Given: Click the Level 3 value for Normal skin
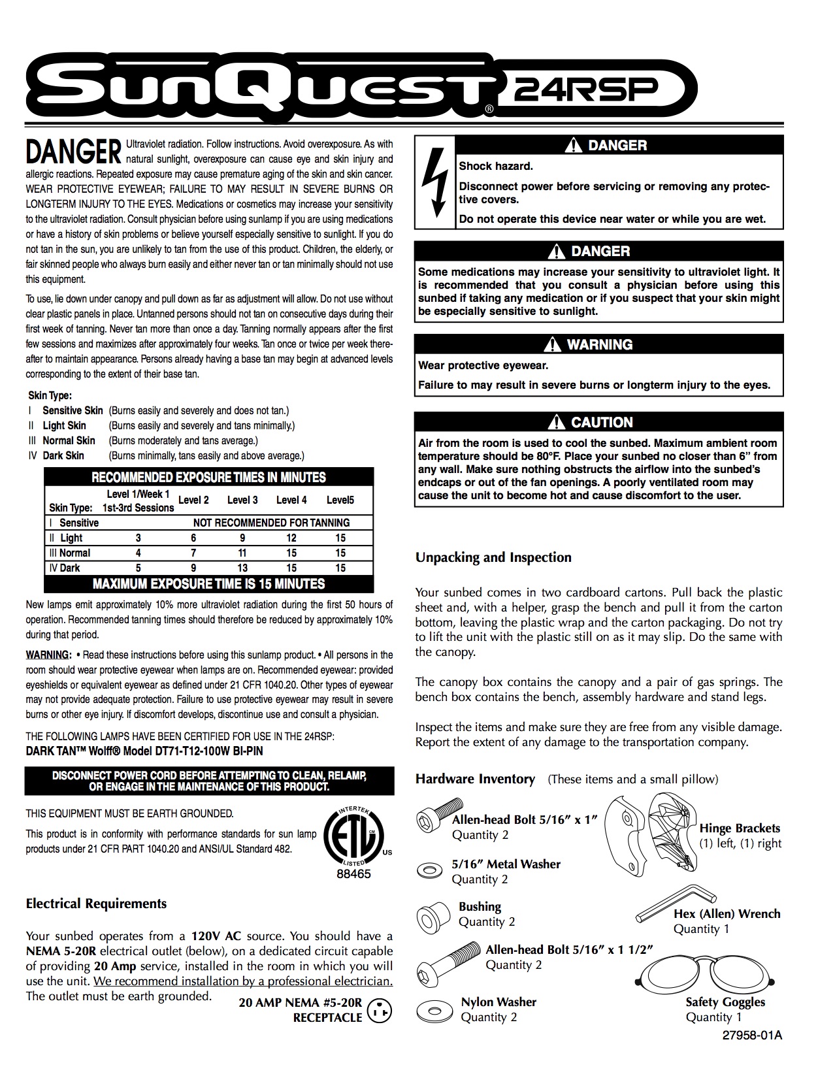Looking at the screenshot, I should click(242, 553).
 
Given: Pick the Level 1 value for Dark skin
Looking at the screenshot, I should click(138, 568).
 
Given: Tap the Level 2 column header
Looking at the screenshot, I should click(193, 500).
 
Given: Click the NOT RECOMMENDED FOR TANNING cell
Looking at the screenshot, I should click(271, 523).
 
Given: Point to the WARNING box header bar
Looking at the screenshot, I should click(598, 344).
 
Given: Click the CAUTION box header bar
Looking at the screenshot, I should click(598, 422).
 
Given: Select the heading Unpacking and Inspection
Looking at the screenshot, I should click(493, 557).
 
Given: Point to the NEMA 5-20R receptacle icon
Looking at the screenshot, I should click(380, 1011).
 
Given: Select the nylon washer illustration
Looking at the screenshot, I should click(434, 1009).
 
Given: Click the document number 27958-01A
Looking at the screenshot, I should click(751, 1036).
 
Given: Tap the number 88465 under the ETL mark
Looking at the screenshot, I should click(353, 874).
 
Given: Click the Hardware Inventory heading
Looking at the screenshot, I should click(475, 779).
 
